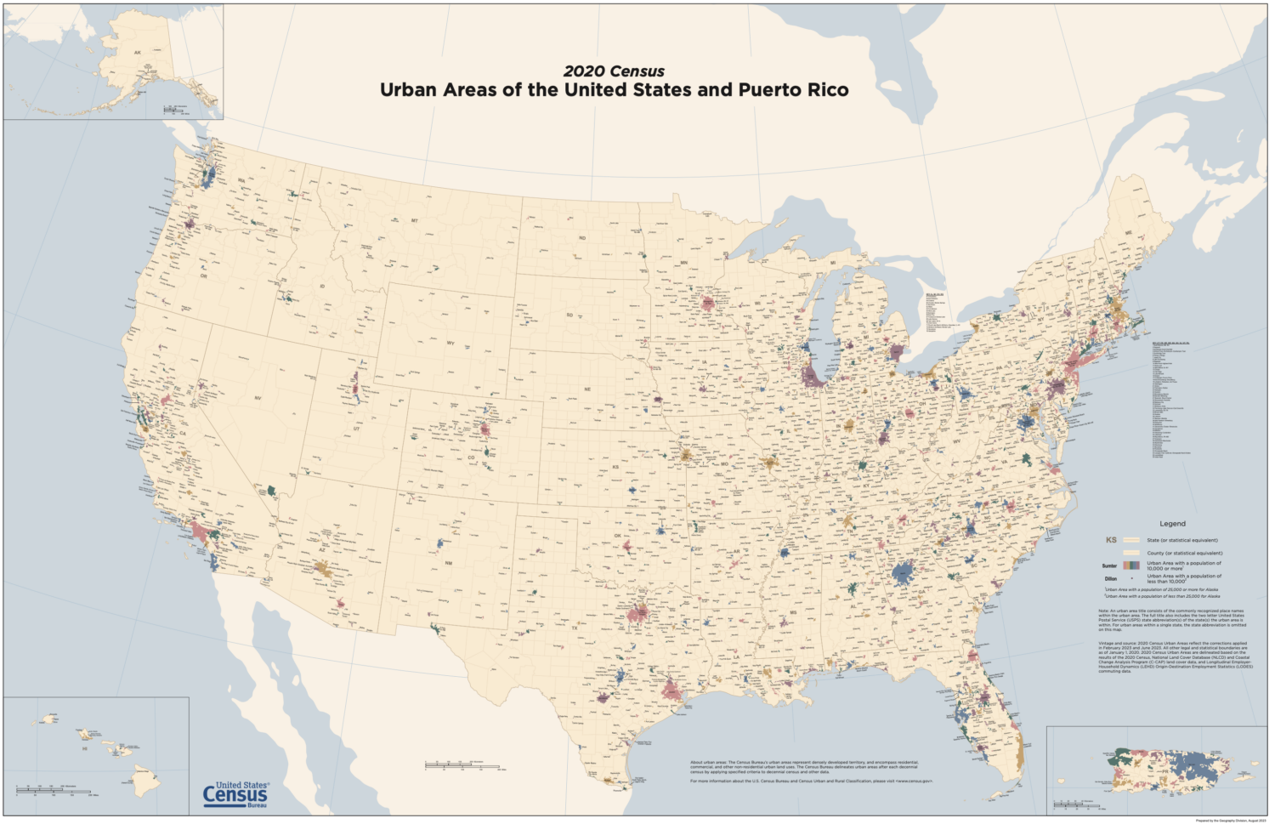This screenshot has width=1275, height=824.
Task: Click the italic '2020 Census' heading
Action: [x=614, y=71]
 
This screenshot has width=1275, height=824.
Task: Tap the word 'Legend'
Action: [x=1172, y=524]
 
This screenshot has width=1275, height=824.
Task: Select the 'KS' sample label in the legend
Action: [x=1110, y=540]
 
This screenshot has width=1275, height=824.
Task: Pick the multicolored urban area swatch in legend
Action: [x=1130, y=565]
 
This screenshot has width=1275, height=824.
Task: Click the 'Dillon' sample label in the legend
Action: [x=1110, y=579]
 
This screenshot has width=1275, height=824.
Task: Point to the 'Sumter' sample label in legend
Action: [x=1109, y=565]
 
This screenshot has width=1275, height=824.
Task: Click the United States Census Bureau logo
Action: [x=235, y=794]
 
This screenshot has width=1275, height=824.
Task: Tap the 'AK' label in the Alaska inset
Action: [x=138, y=53]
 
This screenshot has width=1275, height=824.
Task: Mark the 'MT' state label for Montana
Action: [x=415, y=221]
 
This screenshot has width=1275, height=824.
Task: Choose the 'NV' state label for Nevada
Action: [x=258, y=398]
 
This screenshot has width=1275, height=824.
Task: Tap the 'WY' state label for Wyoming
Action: [x=450, y=344]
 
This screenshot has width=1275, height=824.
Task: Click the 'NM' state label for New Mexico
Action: [x=449, y=563]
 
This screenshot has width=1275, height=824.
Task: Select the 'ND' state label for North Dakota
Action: [x=582, y=238]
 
